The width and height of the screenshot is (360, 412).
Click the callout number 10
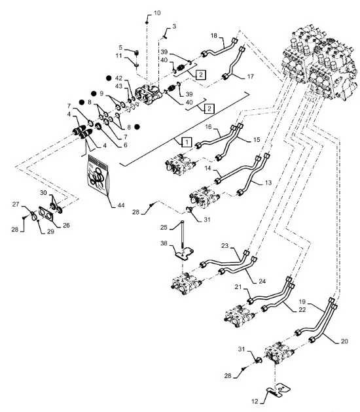(x=157, y=13)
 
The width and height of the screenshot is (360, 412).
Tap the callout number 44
(x=120, y=205)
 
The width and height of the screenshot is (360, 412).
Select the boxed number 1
(x=187, y=143)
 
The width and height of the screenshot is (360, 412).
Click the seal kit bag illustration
(x=98, y=175)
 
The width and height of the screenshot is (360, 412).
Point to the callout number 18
(x=214, y=35)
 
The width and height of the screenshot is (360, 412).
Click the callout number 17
(x=250, y=77)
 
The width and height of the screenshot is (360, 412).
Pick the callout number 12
(x=255, y=402)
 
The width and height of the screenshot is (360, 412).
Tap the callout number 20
(x=344, y=341)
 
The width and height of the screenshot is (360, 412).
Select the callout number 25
(x=164, y=227)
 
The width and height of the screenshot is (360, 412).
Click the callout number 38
(x=164, y=243)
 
